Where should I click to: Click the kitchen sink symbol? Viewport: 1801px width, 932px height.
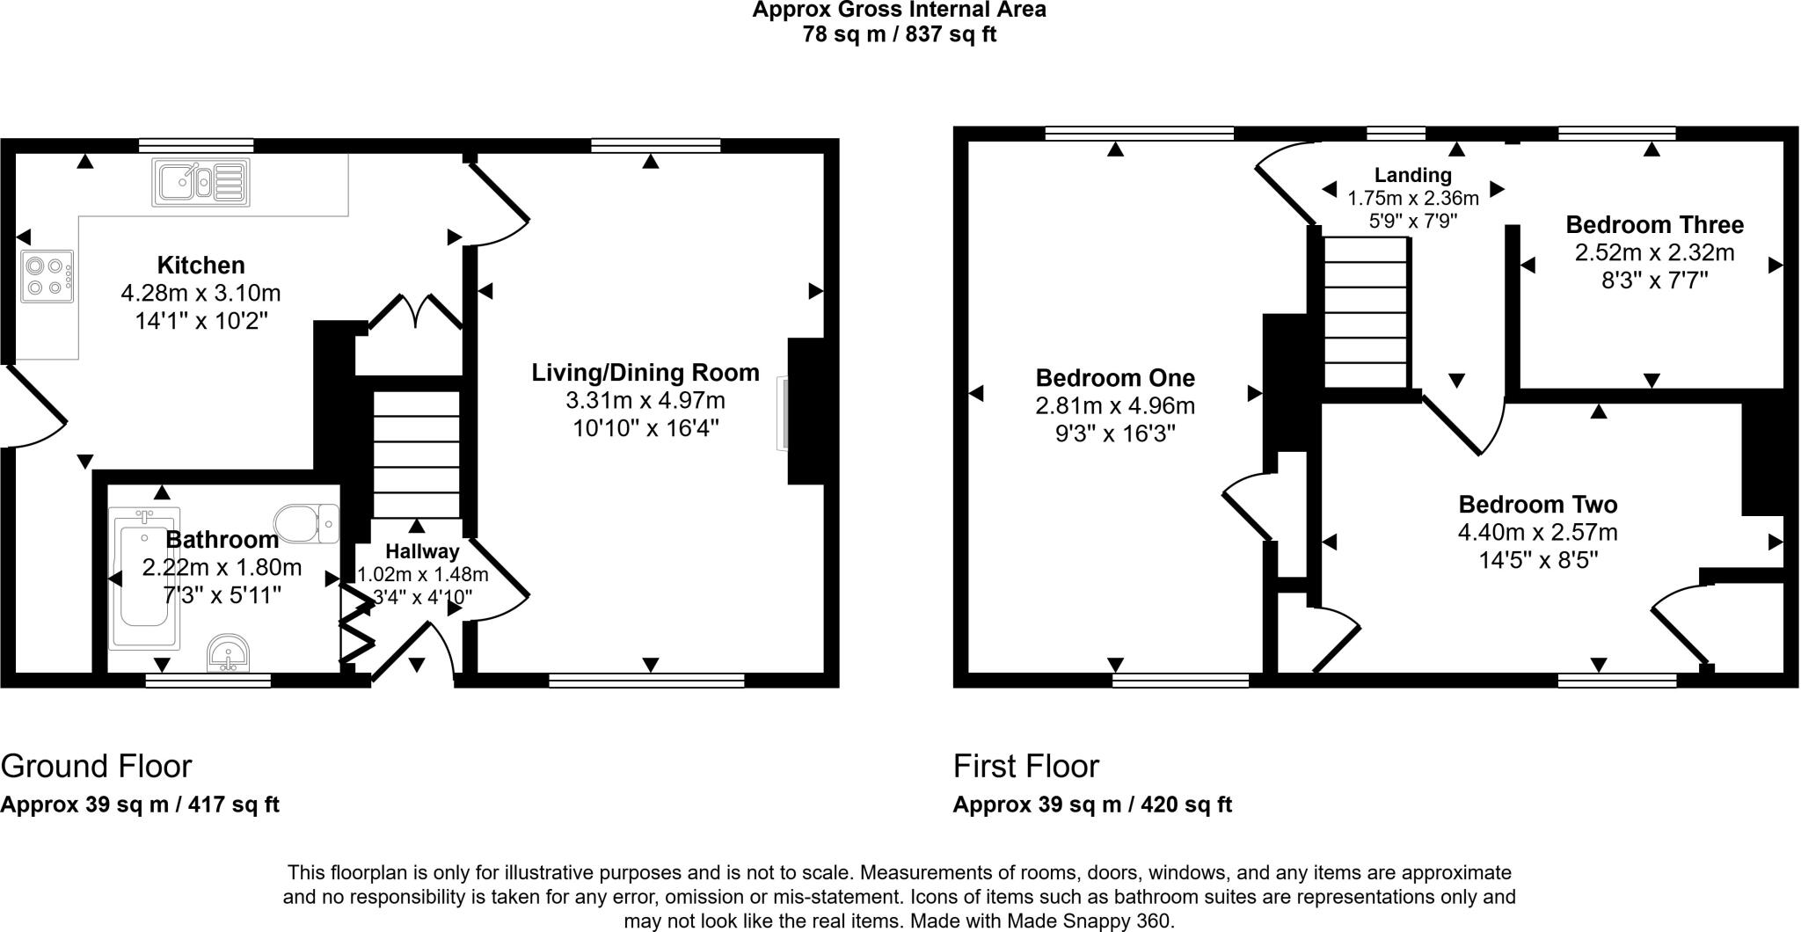point(201,183)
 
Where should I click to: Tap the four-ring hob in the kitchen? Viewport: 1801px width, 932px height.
point(47,276)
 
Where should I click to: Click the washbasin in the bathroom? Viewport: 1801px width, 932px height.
point(229,654)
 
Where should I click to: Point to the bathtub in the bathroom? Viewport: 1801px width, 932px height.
point(143,579)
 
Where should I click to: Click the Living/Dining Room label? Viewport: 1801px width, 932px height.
point(645,373)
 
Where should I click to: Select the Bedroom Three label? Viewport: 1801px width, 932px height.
point(1654,225)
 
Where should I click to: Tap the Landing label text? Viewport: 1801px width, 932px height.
point(1412,176)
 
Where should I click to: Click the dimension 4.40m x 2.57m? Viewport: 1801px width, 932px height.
point(1537,533)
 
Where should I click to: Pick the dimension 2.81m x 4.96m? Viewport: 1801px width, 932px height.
point(1115,406)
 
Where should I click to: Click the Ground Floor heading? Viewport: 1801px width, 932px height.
point(96,767)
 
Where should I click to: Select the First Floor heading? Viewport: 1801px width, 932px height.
point(1025,767)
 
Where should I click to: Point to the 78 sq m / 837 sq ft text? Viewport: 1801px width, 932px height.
point(899,35)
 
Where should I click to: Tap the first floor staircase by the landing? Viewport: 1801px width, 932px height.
point(1367,312)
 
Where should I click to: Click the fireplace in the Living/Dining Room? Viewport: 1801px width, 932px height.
point(783,413)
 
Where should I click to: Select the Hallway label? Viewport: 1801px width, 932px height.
point(422,552)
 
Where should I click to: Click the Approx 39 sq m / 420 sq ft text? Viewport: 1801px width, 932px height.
point(1092,805)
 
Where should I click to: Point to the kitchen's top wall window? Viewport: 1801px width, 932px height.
point(196,146)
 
